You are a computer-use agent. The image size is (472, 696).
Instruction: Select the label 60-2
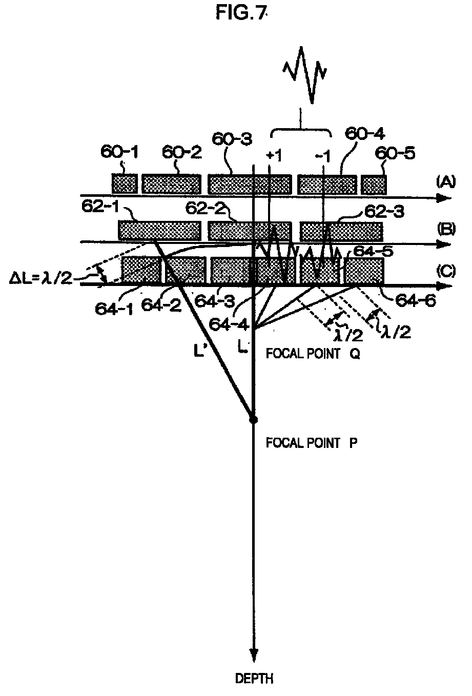tap(182, 152)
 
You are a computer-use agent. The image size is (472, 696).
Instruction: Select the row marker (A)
tap(445, 181)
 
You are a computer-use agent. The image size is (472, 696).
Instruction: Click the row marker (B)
tap(445, 229)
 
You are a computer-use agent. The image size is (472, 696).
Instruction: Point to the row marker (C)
tap(445, 271)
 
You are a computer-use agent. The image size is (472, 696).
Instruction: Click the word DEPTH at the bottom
tap(254, 679)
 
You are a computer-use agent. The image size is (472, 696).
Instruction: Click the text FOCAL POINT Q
tap(312, 354)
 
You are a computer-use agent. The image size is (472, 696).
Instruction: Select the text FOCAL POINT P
tap(312, 442)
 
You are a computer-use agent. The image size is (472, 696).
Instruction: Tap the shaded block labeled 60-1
tap(125, 183)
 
